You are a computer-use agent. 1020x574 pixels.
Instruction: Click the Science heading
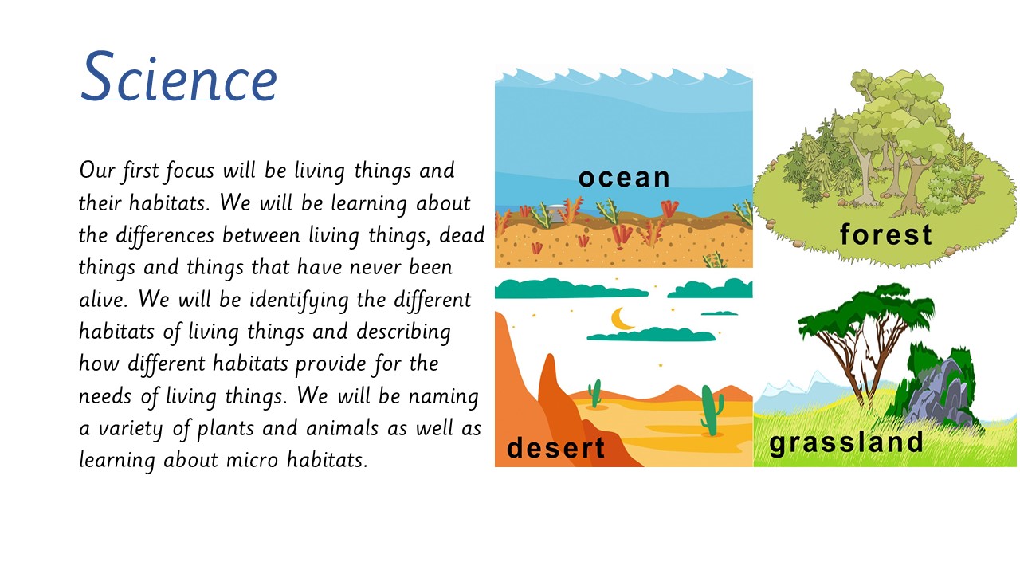[178, 76]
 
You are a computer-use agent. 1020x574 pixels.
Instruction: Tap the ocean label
[624, 178]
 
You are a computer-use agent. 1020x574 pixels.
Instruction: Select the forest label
[886, 234]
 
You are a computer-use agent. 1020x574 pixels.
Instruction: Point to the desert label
[555, 447]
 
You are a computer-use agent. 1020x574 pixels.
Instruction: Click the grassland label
[846, 442]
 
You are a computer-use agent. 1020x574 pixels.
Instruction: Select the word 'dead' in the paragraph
[461, 235]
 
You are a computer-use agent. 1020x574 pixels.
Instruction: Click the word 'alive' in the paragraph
[103, 299]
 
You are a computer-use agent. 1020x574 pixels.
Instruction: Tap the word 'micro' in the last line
[252, 460]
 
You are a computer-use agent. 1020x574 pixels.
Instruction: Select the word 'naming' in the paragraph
[444, 397]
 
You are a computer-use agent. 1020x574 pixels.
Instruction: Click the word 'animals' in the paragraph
[342, 428]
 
